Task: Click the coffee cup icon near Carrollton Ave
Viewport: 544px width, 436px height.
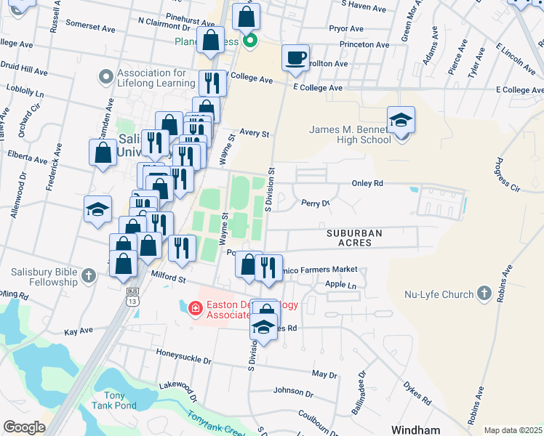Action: [x=295, y=58]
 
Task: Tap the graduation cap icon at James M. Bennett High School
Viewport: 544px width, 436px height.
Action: [x=401, y=120]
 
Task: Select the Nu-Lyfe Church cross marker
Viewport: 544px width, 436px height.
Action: [x=484, y=294]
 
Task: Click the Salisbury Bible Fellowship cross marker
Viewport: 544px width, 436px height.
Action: [x=89, y=275]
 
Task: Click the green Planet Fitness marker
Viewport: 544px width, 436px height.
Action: [x=250, y=41]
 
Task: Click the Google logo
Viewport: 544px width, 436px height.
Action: [x=24, y=427]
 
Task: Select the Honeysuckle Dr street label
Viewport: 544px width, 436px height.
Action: [x=183, y=356]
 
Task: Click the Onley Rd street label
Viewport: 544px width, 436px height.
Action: [x=367, y=184]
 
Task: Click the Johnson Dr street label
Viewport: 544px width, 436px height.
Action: [x=294, y=394]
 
